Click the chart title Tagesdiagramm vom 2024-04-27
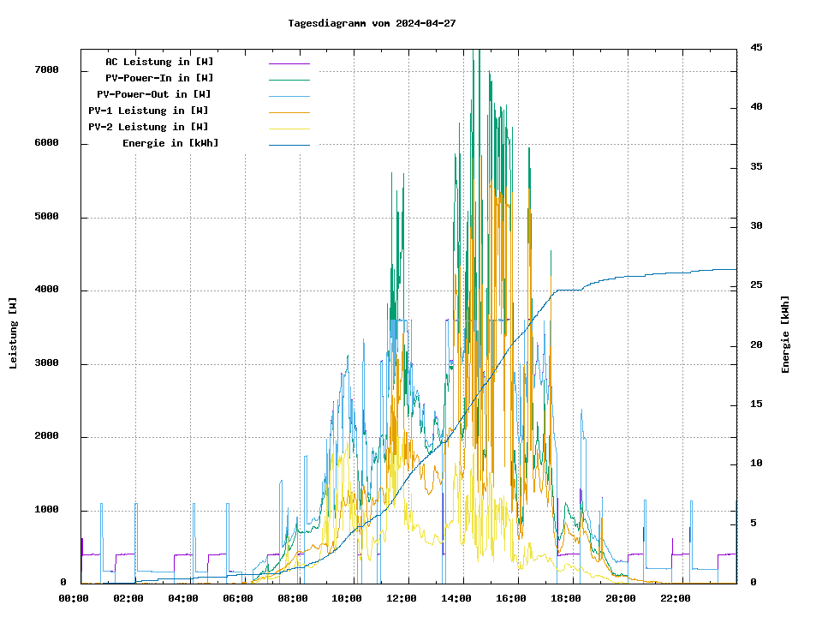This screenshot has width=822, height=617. pos(372,23)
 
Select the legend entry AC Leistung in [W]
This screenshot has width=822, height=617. pos(159,62)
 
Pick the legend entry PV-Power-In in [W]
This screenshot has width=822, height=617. pos(159,78)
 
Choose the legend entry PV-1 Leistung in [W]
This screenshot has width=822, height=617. pos(148,111)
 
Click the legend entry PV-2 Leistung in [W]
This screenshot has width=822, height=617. pos(148,127)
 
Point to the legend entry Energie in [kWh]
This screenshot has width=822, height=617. pos(170,143)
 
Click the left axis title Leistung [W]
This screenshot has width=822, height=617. pos(14,332)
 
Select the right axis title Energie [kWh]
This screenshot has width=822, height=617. pos(785,334)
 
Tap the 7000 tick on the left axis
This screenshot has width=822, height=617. pos(47,70)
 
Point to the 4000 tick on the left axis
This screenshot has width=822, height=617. pos(47,291)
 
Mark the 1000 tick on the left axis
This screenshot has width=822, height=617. pos(47,511)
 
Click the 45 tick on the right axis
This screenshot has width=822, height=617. pos(757,47)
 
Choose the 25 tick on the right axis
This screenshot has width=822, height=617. pos(757,285)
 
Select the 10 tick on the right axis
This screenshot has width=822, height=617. pos(757,464)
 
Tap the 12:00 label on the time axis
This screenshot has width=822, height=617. pos(402,598)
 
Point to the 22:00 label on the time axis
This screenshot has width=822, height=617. pos(676,598)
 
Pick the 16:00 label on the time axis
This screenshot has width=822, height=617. pos(511,598)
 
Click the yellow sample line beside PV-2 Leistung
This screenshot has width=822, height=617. pos(289,128)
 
